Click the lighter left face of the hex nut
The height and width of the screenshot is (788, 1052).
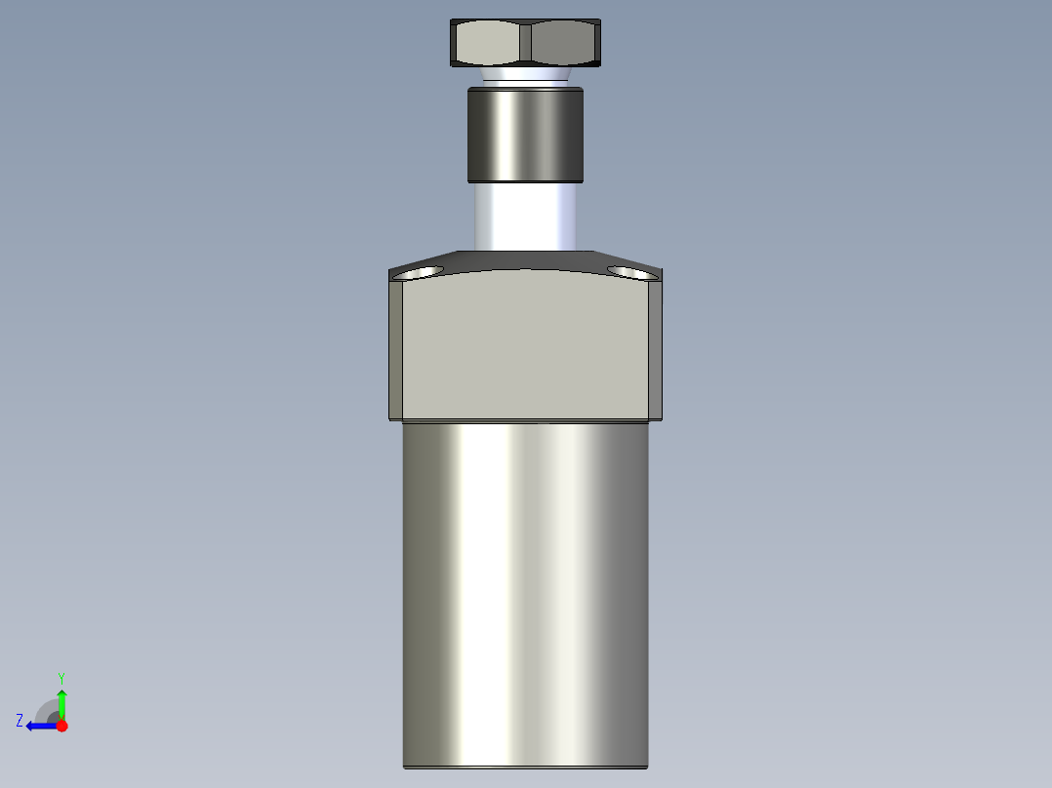tap(485, 43)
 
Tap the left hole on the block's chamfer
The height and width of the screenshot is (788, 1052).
tap(417, 273)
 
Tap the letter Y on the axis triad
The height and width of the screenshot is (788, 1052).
tap(61, 676)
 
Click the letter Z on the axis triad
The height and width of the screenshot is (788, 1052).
tap(20, 721)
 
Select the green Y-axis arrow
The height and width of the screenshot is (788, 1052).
tap(61, 702)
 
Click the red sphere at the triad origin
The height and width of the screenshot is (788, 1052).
tap(61, 726)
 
